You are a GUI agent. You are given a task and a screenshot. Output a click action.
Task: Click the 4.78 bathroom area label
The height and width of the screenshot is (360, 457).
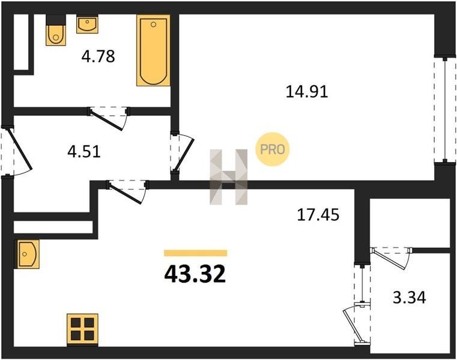click(x=98, y=56)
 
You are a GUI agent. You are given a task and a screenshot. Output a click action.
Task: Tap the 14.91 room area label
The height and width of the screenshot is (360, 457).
click(x=307, y=91)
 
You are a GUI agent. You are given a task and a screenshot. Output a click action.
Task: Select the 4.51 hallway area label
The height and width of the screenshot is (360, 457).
click(x=84, y=151)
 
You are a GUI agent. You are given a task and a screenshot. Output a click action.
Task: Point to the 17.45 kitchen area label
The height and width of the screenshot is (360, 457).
click(x=318, y=215)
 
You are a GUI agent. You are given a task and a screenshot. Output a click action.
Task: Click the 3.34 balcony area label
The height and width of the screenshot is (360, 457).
click(x=410, y=298)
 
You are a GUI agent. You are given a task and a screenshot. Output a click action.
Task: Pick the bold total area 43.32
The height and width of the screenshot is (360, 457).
click(x=195, y=274)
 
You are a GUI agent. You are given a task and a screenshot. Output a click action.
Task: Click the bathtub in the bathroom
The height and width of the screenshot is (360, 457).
click(x=153, y=50)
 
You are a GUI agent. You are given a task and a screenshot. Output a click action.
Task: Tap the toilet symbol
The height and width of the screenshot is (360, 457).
click(x=56, y=30)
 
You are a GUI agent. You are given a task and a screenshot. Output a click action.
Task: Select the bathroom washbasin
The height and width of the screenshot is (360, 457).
click(x=87, y=24)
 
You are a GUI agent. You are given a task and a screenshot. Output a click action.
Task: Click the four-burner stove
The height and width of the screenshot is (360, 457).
click(x=82, y=329)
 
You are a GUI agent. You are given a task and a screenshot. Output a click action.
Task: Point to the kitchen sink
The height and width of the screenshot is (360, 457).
click(x=26, y=254)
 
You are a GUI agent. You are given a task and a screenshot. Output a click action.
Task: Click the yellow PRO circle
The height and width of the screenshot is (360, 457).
click(x=272, y=149)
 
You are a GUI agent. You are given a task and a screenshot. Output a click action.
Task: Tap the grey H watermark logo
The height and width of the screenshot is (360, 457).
click(x=229, y=177)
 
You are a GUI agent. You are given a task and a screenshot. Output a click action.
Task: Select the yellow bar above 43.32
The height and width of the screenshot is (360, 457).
click(x=196, y=253)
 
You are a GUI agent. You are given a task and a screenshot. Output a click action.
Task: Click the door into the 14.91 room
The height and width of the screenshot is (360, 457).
click(x=182, y=153)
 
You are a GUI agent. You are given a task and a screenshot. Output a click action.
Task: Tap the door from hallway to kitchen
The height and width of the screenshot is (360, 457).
click(x=128, y=191)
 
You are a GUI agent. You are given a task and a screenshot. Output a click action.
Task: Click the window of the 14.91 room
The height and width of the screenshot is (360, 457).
click(x=445, y=110)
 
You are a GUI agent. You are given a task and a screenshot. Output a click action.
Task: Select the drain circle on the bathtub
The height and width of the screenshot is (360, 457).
click(x=154, y=25)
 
